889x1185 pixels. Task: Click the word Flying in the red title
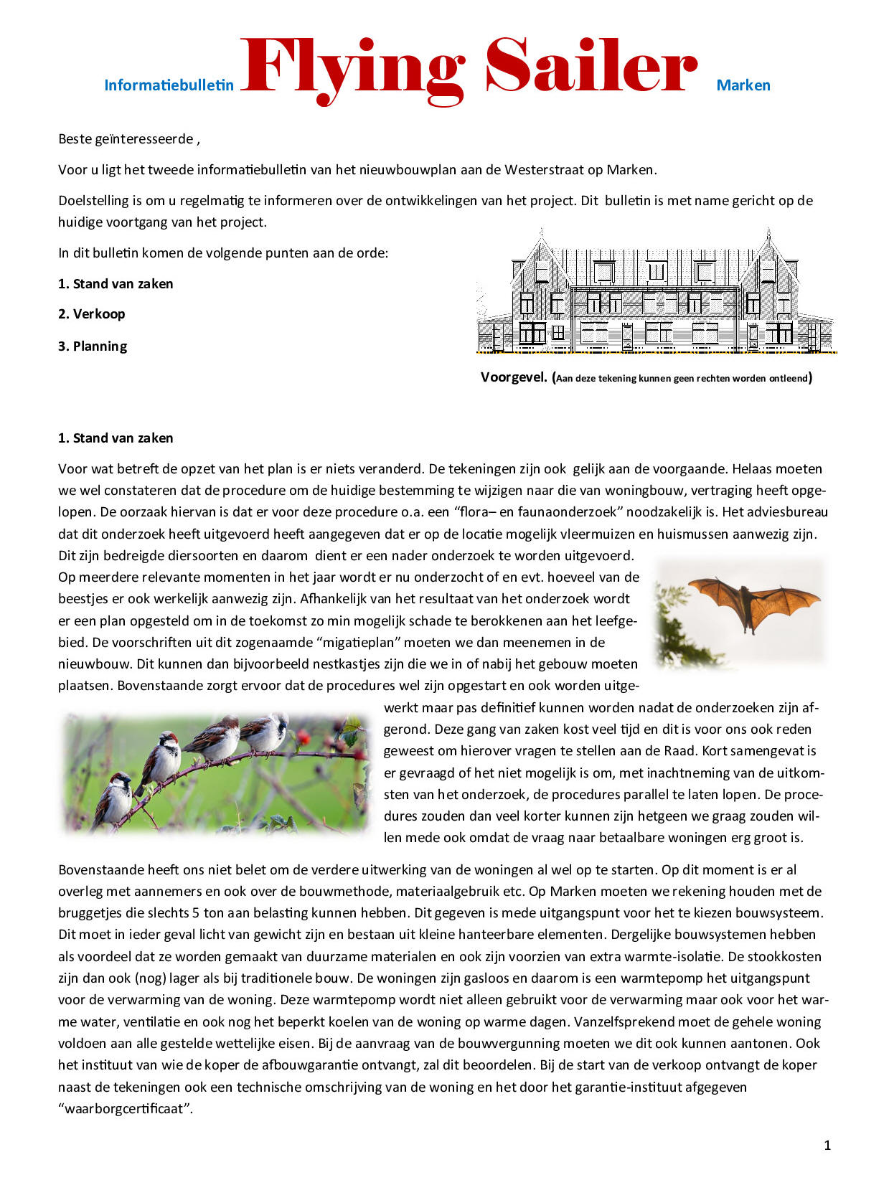pyautogui.click(x=352, y=68)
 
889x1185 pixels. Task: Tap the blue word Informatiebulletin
pyautogui.click(x=169, y=85)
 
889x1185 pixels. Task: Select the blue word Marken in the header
pyautogui.click(x=743, y=85)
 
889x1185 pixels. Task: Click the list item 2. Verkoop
pyautogui.click(x=91, y=314)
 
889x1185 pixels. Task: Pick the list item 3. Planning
pyautogui.click(x=93, y=346)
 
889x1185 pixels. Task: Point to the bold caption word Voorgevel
pyautogui.click(x=514, y=377)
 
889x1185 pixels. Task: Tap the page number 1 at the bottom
pyautogui.click(x=827, y=1146)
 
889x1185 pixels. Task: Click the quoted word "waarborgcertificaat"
pyautogui.click(x=126, y=1109)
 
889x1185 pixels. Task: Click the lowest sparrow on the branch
pyautogui.click(x=113, y=798)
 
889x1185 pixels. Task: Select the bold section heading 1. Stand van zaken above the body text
pyautogui.click(x=116, y=438)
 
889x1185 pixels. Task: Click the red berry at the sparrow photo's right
pyautogui.click(x=303, y=737)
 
